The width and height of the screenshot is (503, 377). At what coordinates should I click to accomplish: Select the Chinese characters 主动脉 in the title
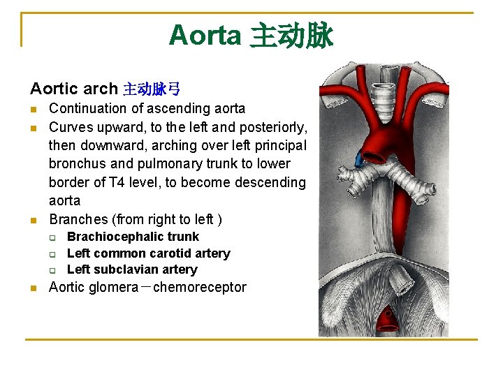pyautogui.click(x=291, y=35)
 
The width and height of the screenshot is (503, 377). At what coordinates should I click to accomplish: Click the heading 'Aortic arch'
pyautogui.click(x=74, y=89)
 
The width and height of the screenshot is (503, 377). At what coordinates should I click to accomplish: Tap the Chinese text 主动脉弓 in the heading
pyautogui.click(x=152, y=89)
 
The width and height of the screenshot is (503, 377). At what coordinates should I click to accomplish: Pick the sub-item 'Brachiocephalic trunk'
pyautogui.click(x=133, y=237)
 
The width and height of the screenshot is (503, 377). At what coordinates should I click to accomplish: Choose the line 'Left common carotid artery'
pyautogui.click(x=148, y=253)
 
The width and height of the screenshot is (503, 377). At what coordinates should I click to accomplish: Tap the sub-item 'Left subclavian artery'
pyautogui.click(x=132, y=269)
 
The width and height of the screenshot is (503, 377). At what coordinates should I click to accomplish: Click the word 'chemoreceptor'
pyautogui.click(x=200, y=287)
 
